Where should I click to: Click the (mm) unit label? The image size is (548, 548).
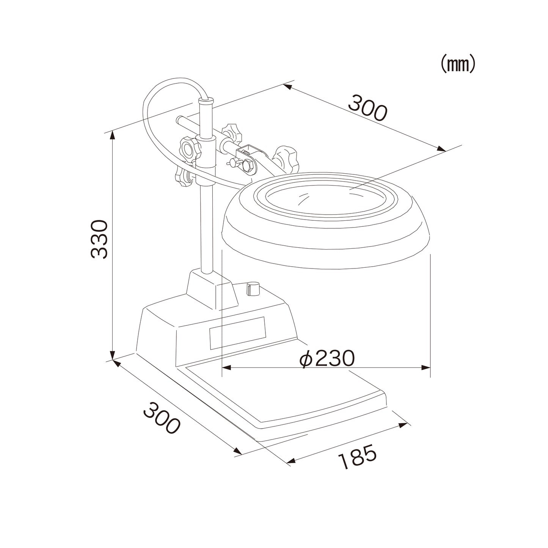tap(458, 64)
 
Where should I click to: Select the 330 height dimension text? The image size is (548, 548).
tap(99, 239)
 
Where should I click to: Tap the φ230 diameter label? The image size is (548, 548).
tap(327, 359)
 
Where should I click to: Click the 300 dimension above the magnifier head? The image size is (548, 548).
tap(368, 108)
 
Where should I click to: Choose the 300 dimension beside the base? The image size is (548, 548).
tap(162, 418)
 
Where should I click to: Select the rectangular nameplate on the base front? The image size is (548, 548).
tap(237, 333)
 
